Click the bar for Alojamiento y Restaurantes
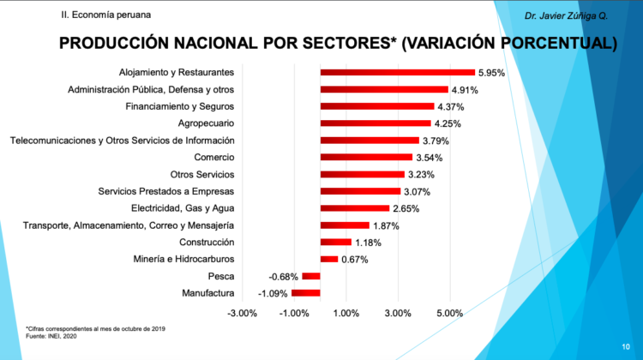pos(397,72)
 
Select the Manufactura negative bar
pos(306,293)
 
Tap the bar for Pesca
pos(310,276)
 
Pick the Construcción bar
pos(335,242)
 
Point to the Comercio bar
pos(366,157)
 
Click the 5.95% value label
pos(492,73)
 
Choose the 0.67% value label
pos(354,260)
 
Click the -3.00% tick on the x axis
pos(242,313)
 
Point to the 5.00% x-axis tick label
pos(449,313)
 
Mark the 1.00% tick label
pos(346,313)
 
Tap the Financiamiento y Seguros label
pos(179,106)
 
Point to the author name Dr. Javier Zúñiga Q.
pos(566,15)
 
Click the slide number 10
pos(626,345)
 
